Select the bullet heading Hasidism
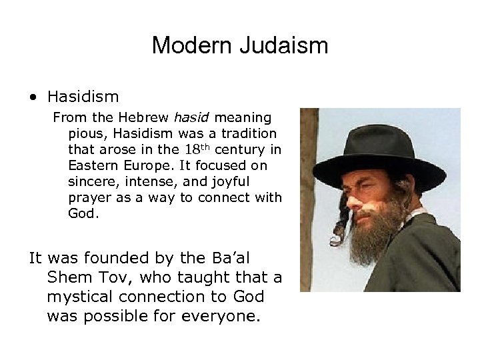[83, 97]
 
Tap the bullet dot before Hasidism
[33, 98]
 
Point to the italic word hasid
[189, 118]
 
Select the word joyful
[230, 181]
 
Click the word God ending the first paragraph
[81, 213]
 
